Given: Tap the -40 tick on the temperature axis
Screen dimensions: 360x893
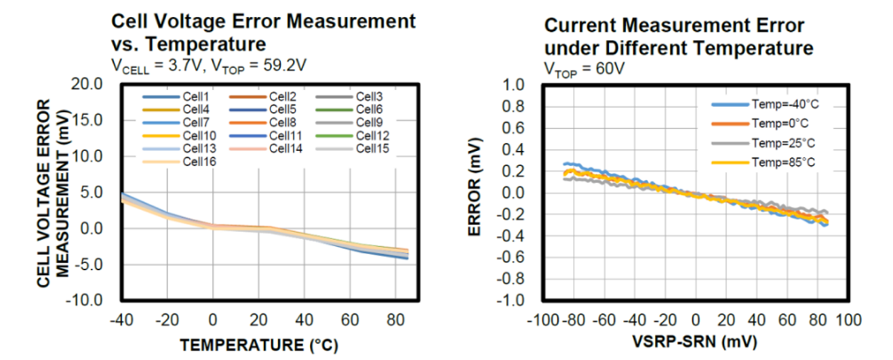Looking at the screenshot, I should (x=121, y=319).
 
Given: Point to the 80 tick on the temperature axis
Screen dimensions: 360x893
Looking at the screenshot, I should (x=395, y=319).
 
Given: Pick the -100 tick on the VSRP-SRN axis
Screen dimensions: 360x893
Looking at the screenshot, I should (x=542, y=319).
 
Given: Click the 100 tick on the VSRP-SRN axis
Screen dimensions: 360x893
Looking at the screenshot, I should (x=848, y=319).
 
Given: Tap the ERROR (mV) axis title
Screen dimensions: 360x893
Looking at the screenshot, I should (x=475, y=194).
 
